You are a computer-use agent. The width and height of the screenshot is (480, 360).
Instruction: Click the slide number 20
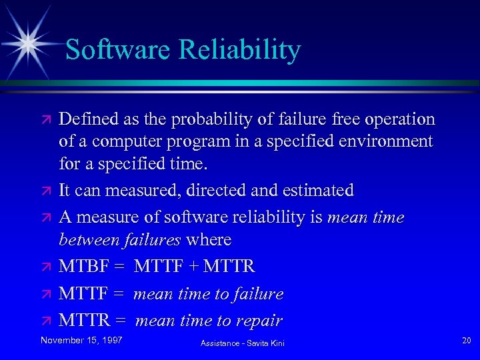pos(466,341)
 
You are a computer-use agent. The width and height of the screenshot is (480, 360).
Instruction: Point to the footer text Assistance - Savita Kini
pos(241,343)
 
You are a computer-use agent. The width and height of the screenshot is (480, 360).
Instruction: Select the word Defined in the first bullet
pos(86,119)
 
